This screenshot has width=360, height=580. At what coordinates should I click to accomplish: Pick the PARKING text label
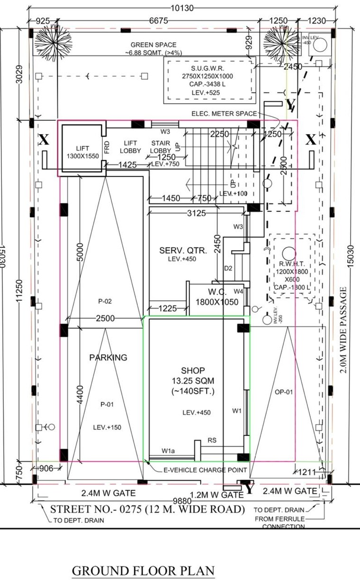coord(108,357)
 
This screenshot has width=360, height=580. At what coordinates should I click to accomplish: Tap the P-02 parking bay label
coord(105,301)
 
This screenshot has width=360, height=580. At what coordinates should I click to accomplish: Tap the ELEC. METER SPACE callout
coord(224,114)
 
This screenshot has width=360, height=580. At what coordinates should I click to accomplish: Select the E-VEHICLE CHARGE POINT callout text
coord(205,470)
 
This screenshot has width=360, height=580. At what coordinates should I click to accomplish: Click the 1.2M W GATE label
coord(216,495)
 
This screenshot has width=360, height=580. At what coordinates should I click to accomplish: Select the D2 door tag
coord(228,269)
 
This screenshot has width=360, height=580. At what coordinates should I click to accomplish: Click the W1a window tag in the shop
coord(168,451)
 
